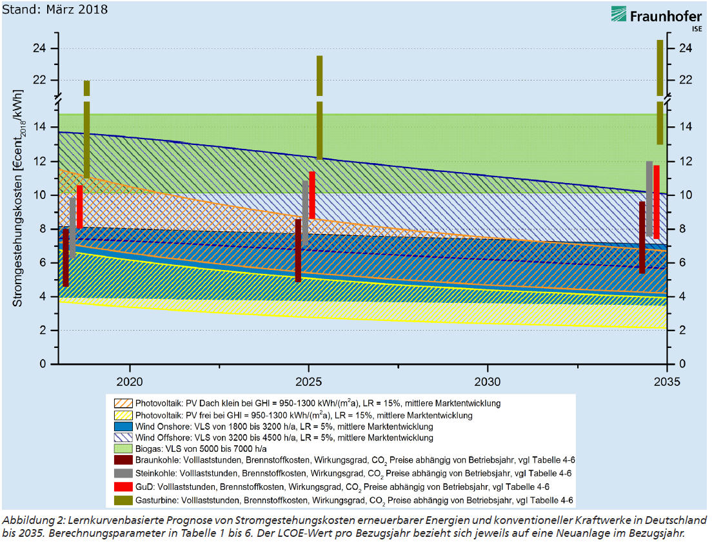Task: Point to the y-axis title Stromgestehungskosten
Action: tap(19, 197)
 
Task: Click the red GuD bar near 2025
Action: tap(312, 195)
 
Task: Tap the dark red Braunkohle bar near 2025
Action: tap(298, 250)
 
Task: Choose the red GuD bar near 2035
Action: tap(657, 202)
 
